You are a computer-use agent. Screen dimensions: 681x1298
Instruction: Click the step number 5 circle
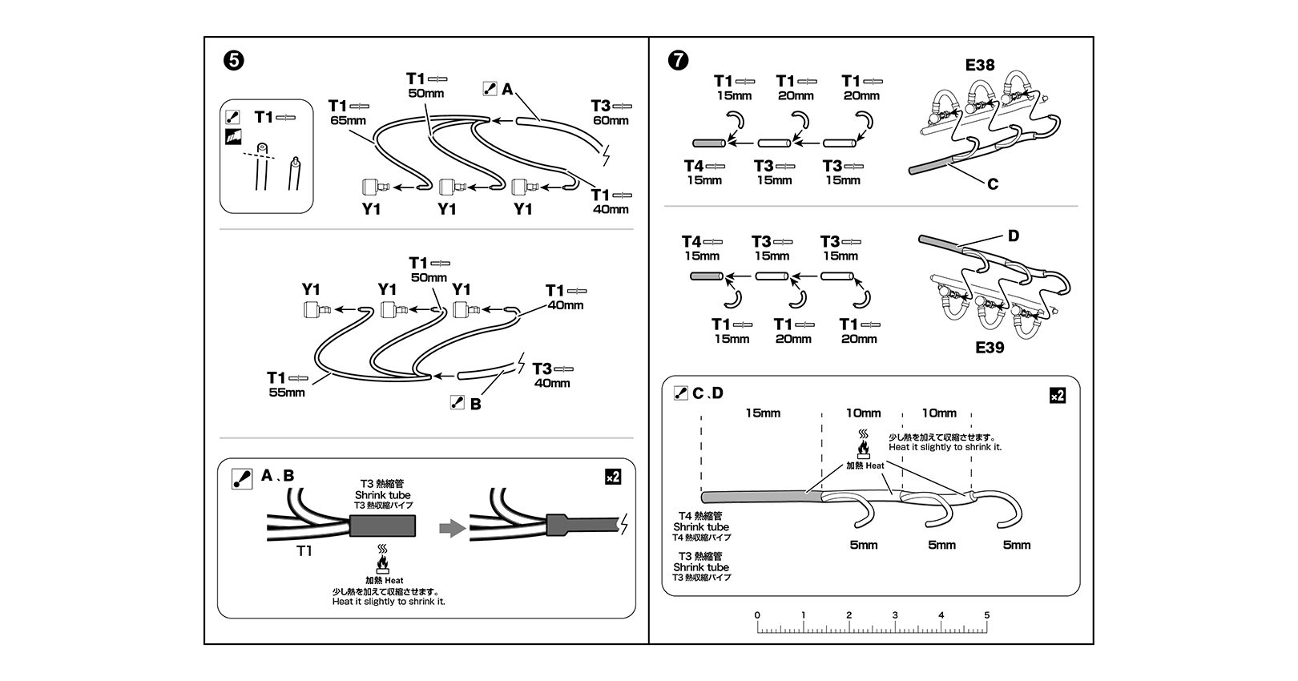tap(234, 60)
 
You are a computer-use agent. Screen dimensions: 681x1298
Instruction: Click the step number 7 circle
tap(678, 60)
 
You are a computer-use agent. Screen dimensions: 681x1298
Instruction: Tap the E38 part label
tap(979, 64)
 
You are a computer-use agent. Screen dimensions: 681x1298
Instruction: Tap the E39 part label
tap(990, 348)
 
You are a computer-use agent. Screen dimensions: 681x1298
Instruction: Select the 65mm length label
tap(348, 121)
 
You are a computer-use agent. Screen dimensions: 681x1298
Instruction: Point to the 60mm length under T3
tap(611, 121)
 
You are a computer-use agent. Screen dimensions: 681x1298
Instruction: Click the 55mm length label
tap(287, 393)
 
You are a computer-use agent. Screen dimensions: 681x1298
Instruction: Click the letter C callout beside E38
tap(993, 184)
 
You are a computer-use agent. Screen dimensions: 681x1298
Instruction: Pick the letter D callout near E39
tap(1014, 236)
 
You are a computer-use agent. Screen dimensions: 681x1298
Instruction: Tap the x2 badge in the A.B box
tap(612, 477)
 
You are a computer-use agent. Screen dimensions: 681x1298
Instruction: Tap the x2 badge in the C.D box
tap(1057, 396)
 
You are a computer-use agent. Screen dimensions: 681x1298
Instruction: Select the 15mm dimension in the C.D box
tap(762, 413)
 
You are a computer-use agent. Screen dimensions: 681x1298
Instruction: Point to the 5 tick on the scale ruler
tap(987, 615)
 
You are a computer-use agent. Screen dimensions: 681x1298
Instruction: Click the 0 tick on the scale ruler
tap(757, 615)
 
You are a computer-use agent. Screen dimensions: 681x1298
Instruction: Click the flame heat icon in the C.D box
tap(864, 445)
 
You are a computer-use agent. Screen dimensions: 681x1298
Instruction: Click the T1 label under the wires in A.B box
tap(304, 550)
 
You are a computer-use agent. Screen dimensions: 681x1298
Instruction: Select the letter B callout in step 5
tap(476, 405)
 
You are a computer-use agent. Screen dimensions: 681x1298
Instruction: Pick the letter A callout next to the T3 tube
tap(507, 90)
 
